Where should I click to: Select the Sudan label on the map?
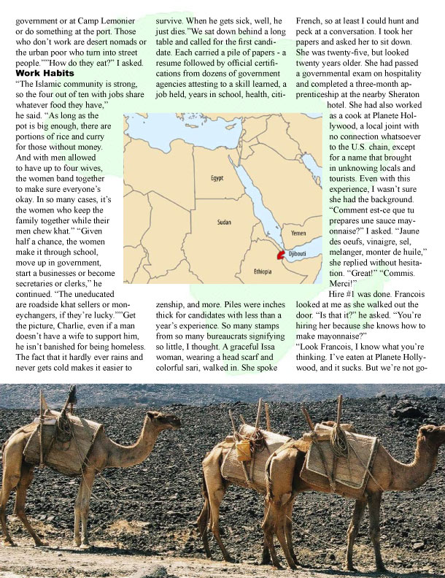pos(224,221)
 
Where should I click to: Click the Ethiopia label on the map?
pos(263,271)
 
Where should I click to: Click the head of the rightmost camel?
pos(436,436)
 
